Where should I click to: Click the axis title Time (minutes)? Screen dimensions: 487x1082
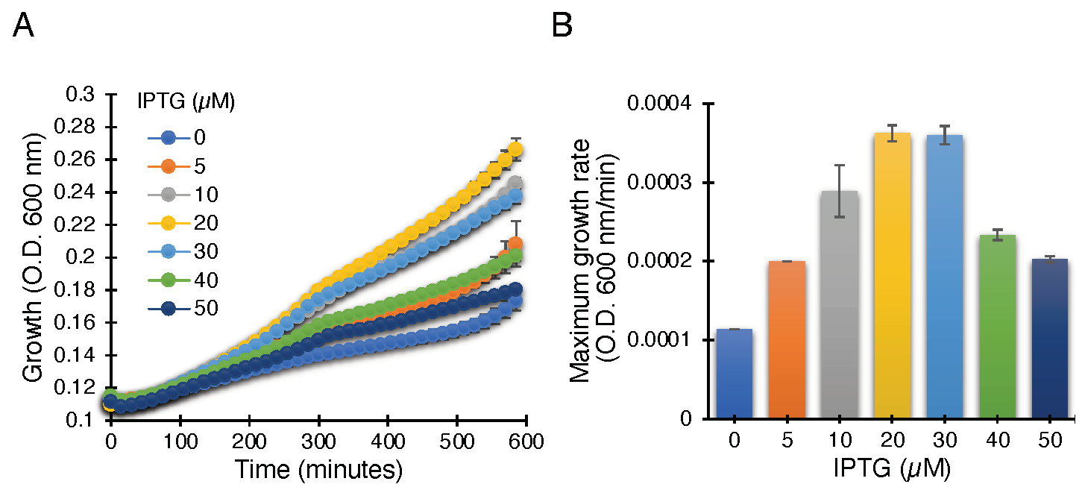(x=318, y=470)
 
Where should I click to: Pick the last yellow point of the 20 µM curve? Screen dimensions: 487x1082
(x=515, y=151)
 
